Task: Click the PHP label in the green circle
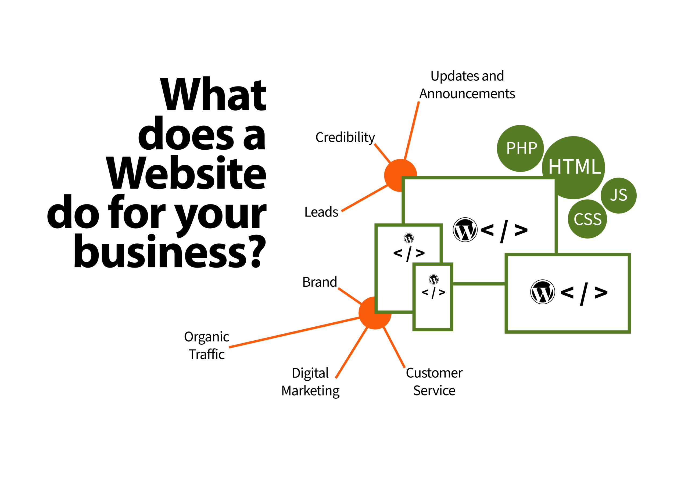coord(521,148)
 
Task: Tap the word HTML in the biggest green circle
coord(574,167)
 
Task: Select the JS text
coord(619,195)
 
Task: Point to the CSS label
coord(587,219)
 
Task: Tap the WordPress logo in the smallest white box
coord(433,279)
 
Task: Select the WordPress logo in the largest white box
coord(465,230)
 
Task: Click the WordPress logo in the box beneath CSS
coord(543,292)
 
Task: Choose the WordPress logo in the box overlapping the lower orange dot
coord(408,238)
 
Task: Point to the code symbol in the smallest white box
coord(433,292)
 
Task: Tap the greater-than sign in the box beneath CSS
coord(601,293)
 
